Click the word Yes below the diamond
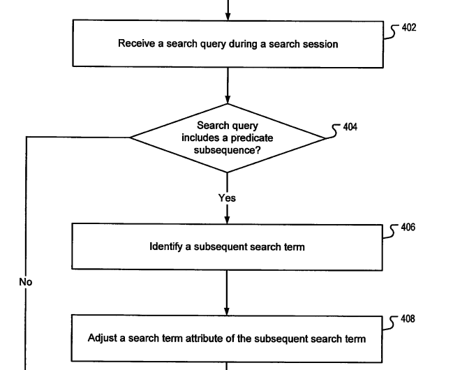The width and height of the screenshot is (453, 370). pyautogui.click(x=227, y=198)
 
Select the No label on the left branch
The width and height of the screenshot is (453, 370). pyautogui.click(x=26, y=282)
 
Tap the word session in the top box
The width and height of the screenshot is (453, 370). pyautogui.click(x=320, y=45)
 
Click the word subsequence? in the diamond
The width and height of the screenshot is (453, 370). pyautogui.click(x=227, y=150)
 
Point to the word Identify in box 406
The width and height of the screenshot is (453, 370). pyautogui.click(x=168, y=246)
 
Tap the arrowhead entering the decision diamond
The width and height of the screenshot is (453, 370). pyautogui.click(x=227, y=99)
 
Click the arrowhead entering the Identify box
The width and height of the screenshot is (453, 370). pyautogui.click(x=227, y=220)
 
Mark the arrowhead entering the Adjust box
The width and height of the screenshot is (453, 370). pyautogui.click(x=227, y=311)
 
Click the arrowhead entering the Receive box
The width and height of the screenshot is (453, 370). pyautogui.click(x=227, y=15)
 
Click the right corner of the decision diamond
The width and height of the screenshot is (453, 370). pyautogui.click(x=325, y=138)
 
